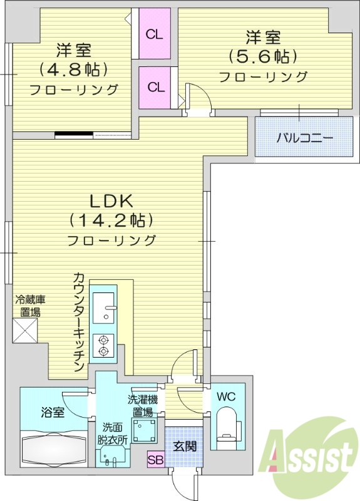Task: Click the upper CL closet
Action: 154,34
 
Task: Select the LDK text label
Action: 111,201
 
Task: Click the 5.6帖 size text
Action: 263,56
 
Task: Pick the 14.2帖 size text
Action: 111,220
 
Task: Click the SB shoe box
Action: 155,460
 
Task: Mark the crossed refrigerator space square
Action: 25,330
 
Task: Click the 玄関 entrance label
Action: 185,446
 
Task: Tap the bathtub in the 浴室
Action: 56,447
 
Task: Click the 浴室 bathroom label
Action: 53,412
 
